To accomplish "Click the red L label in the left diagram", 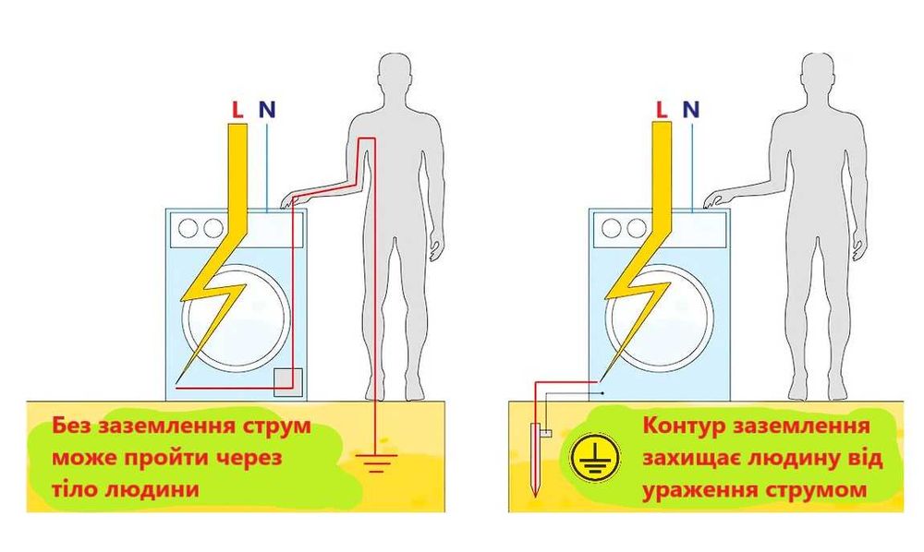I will point(237,110).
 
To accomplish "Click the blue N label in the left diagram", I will point(266,110).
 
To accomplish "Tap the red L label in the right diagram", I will point(661,110).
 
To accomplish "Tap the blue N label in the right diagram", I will point(689,110).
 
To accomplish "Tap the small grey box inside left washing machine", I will point(288,379).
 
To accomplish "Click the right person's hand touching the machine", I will point(712,199).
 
